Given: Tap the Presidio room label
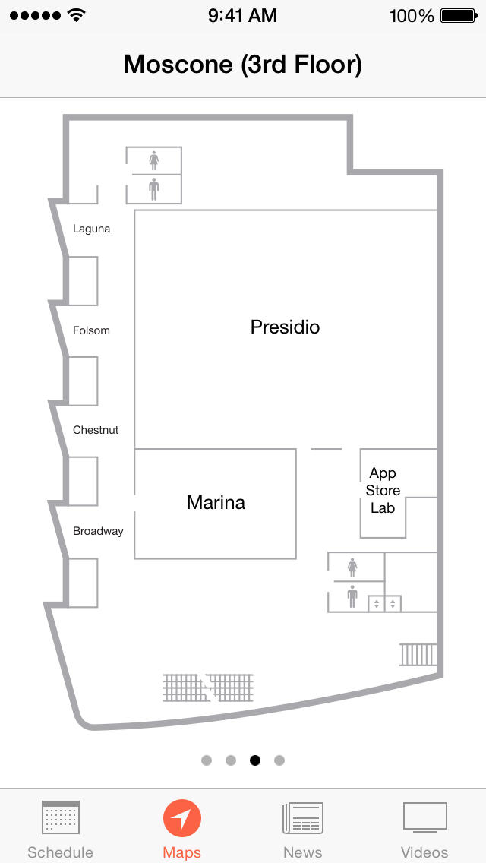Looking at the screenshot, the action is (285, 327).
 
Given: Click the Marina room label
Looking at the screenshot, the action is (216, 502).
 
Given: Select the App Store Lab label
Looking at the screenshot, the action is (383, 491).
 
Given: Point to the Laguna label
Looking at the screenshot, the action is (91, 229).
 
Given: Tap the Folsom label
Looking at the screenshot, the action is (91, 330).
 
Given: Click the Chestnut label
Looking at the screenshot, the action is (96, 430).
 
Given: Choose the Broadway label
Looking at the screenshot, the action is (98, 531).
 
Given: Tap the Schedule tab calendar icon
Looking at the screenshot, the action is (61, 817).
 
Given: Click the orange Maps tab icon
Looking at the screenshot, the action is (182, 818).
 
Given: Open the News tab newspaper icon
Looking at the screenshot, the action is (303, 818).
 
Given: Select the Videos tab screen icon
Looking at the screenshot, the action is (425, 817).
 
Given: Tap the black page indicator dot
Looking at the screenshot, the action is (255, 760).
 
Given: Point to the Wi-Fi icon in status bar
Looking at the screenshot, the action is (77, 15).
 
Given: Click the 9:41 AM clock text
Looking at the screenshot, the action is (243, 15).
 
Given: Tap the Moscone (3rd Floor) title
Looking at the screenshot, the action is (243, 65).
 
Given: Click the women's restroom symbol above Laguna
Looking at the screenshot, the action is (153, 161).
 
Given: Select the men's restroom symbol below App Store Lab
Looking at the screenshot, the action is (352, 596).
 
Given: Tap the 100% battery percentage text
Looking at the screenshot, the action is (412, 16).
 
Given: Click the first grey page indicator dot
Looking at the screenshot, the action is (207, 760).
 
